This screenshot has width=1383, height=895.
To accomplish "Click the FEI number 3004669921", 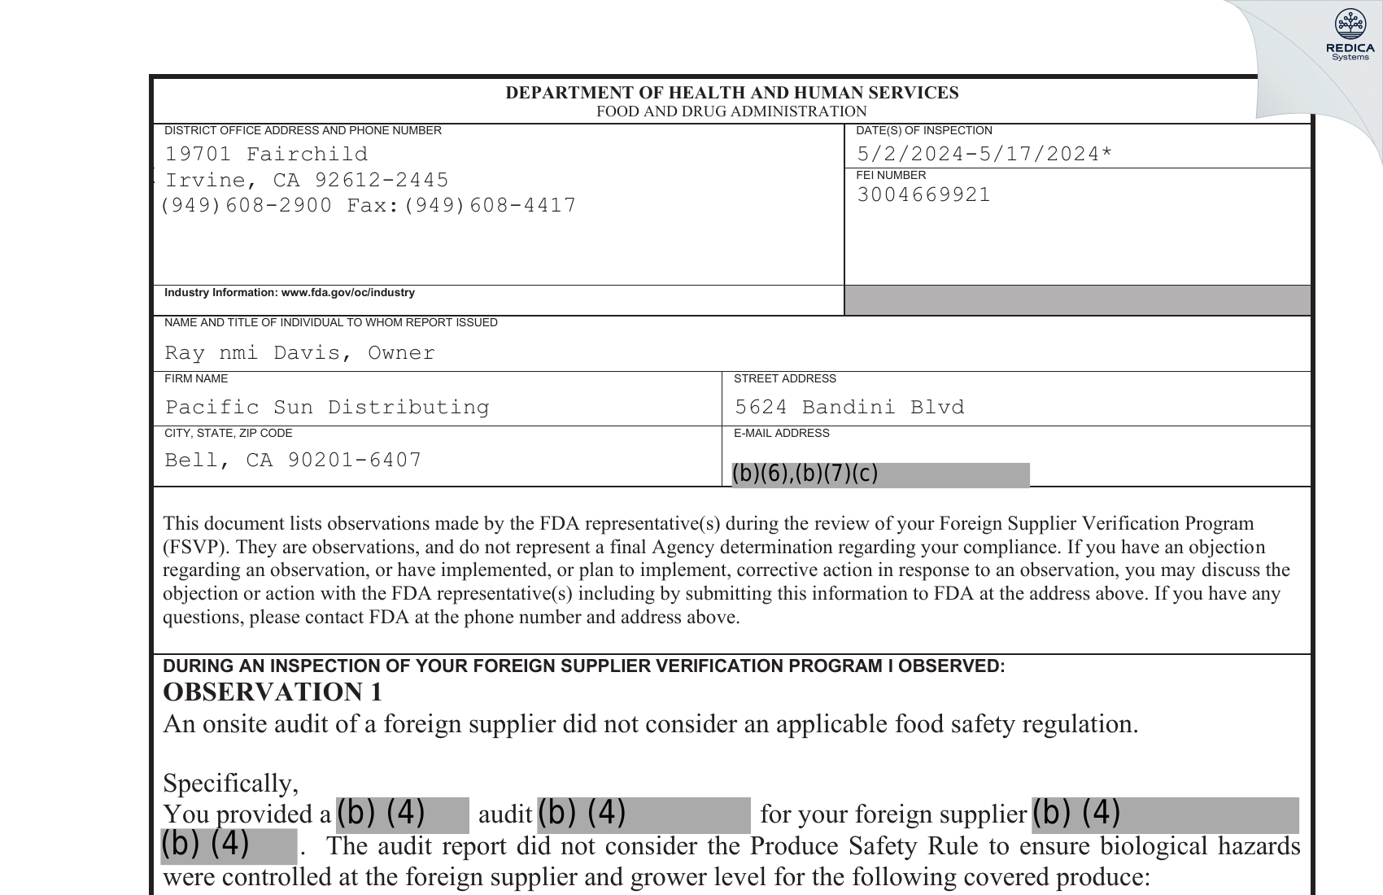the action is click(x=923, y=195).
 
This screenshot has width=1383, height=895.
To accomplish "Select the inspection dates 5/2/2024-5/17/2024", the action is click(x=984, y=154).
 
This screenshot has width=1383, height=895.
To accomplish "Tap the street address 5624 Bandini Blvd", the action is click(x=849, y=407).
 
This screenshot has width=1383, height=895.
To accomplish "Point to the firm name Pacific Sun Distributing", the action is click(x=327, y=407).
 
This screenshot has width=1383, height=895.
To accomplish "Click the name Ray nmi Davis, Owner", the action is click(x=299, y=353).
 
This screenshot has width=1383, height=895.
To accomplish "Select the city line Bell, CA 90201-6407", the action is click(x=293, y=461).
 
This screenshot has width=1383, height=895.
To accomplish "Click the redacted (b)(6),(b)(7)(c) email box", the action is click(x=879, y=474).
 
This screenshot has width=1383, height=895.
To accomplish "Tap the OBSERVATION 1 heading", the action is click(x=273, y=692).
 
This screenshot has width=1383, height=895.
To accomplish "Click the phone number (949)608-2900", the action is click(x=246, y=206).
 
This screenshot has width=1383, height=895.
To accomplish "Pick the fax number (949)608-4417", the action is click(x=490, y=206).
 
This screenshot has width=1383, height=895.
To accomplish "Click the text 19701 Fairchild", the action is click(x=266, y=155).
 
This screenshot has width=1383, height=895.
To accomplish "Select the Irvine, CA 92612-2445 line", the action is click(x=307, y=180).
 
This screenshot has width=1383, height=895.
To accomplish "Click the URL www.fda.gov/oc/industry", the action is click(x=347, y=293).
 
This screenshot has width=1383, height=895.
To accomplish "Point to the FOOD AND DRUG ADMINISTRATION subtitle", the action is click(x=731, y=111).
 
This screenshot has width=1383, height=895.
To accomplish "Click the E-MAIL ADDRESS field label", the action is click(x=781, y=434).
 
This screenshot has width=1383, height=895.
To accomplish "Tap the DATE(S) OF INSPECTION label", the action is click(x=923, y=131).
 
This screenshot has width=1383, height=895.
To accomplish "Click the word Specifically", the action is click(x=230, y=784).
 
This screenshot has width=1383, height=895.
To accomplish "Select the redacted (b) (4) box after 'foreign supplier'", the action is click(x=1164, y=814).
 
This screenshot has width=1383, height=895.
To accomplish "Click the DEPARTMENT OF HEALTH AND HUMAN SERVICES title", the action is click(x=731, y=93).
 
